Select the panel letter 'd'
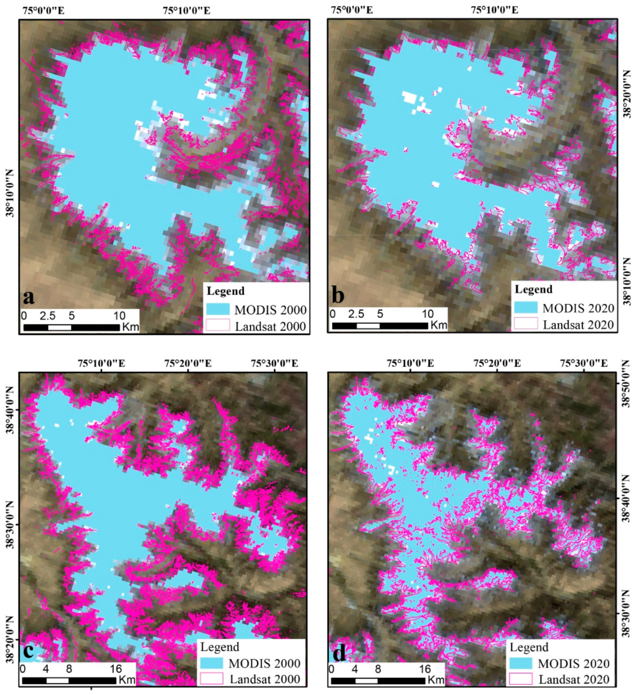click(339, 653)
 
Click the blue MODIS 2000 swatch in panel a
click(218, 309)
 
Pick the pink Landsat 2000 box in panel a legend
click(218, 325)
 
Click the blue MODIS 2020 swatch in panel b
click(526, 308)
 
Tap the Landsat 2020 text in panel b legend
click(578, 325)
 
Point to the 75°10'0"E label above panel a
click(187, 11)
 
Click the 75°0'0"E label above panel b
click(352, 10)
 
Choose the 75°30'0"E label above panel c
click(274, 363)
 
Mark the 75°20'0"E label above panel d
click(497, 363)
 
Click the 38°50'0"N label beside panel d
click(626, 384)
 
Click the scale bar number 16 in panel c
click(116, 669)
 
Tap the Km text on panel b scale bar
click(439, 325)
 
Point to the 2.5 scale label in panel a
click(47, 316)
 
